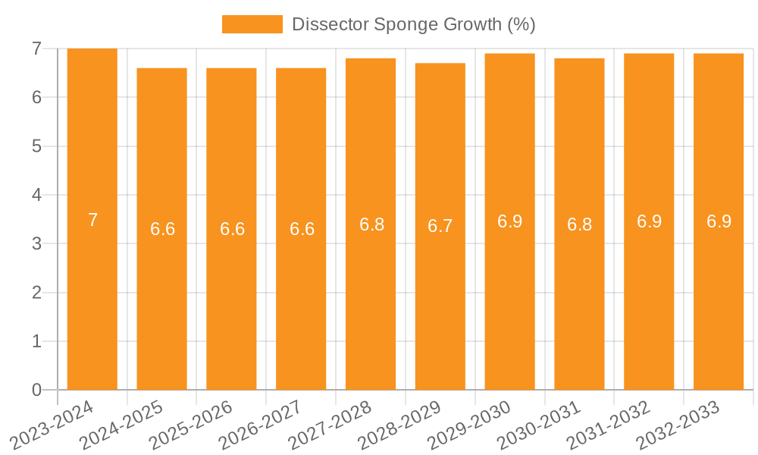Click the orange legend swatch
tap(252, 24)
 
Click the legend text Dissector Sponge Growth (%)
tap(414, 24)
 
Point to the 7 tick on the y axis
tap(36, 49)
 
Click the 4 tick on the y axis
tap(36, 195)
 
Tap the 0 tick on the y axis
tap(36, 390)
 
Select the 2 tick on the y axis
tap(36, 293)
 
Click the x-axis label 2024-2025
tap(121, 425)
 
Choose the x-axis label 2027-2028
tap(330, 425)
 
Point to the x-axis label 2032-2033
tap(678, 425)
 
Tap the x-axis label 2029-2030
tap(470, 425)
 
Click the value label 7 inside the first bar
tap(92, 220)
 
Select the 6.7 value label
tap(440, 226)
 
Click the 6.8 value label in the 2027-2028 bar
tap(371, 224)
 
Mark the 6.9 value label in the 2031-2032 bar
tap(650, 221)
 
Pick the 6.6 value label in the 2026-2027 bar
tap(302, 229)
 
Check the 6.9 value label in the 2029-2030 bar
tap(510, 221)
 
